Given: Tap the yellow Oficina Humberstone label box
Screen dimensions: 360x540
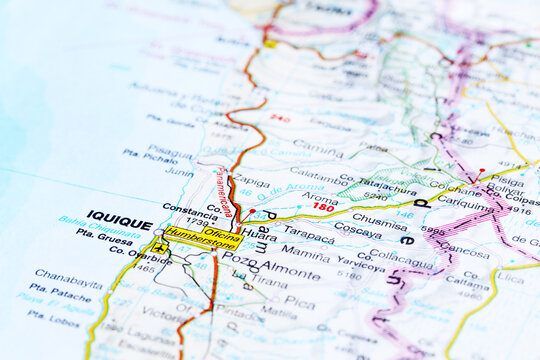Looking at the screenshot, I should click(x=203, y=237).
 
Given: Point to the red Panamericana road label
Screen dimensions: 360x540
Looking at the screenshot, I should click(x=224, y=191).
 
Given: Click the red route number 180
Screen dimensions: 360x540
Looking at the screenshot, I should click(x=323, y=207).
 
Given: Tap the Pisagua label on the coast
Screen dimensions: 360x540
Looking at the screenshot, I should click(x=170, y=151).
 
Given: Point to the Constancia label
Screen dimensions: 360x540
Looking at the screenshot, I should click(x=189, y=209).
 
